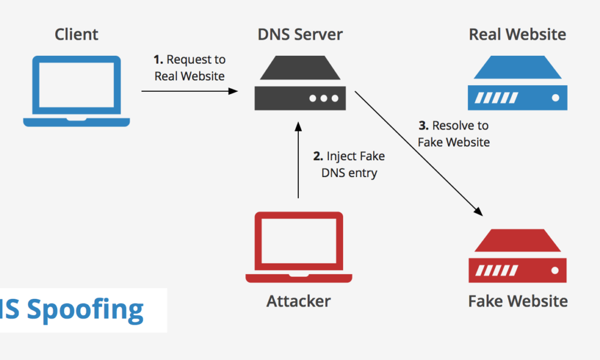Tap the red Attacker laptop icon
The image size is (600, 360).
pos(298,247)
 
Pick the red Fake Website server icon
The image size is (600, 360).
pos(517,257)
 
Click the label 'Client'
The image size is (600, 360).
pos(76,34)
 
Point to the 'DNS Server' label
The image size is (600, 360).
pos(300,34)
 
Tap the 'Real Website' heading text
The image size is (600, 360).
pos(517,34)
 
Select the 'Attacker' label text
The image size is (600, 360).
pos(298,301)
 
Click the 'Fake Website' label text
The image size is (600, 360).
pos(517,301)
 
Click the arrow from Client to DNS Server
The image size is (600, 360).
pos(189,91)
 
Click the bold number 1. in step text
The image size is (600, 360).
pos(158,59)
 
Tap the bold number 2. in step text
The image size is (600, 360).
pos(319,157)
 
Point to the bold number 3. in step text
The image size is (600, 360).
pos(424,126)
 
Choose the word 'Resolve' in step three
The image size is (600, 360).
pos(452,126)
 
